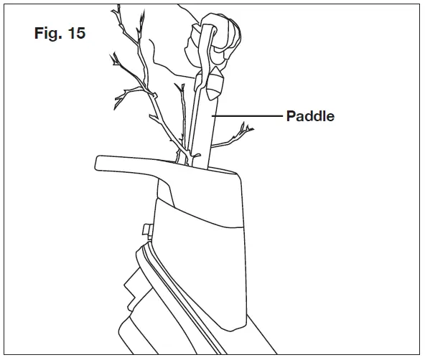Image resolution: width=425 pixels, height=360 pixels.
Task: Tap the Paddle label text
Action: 310,115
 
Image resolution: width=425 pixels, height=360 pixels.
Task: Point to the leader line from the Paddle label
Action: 251,115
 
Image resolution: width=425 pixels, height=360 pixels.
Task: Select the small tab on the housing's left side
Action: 146,230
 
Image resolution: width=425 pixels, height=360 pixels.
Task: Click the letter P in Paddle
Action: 291,115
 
